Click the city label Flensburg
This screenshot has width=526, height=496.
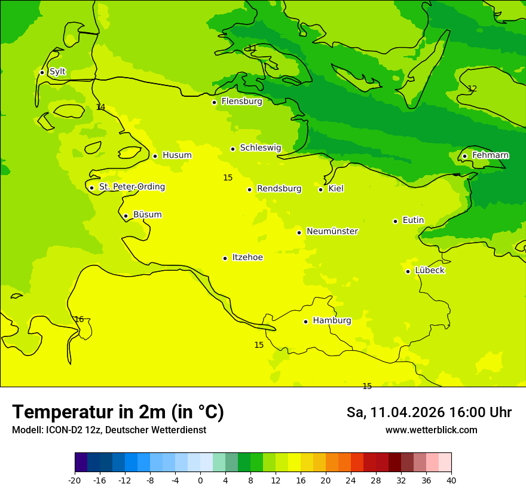click(x=241, y=102)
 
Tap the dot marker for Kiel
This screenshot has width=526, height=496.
click(x=320, y=189)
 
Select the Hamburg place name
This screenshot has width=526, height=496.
click(x=332, y=320)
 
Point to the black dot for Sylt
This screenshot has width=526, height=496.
click(x=42, y=72)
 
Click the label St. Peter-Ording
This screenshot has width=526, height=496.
click(x=131, y=187)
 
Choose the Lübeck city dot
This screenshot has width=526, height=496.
click(x=408, y=271)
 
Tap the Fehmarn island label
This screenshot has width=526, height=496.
click(x=490, y=155)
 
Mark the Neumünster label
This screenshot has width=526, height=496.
click(x=332, y=231)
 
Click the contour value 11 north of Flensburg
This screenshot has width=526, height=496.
click(x=252, y=48)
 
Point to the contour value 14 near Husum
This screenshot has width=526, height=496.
click(x=100, y=108)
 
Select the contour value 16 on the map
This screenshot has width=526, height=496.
click(x=79, y=320)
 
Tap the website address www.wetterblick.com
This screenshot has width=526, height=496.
click(x=431, y=430)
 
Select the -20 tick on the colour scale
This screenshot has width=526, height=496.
click(x=75, y=480)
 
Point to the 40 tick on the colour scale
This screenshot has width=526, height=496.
click(x=451, y=480)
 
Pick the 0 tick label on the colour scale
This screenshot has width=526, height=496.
click(x=200, y=480)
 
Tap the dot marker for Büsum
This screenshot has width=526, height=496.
click(x=126, y=216)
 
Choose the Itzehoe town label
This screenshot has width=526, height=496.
click(x=247, y=258)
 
